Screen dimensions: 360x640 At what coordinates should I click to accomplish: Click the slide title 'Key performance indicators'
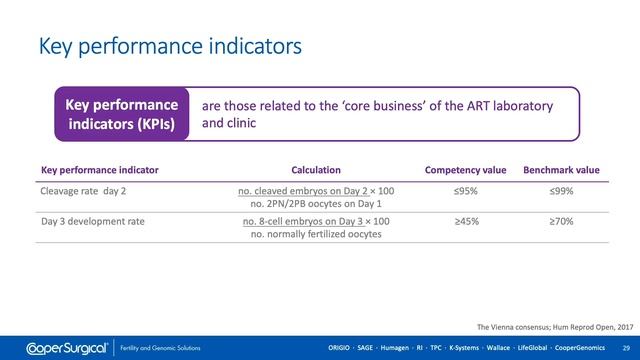tap(169, 46)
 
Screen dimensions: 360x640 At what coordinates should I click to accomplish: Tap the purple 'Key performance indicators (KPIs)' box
tap(121, 115)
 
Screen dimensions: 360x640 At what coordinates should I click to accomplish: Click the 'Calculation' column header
tap(315, 170)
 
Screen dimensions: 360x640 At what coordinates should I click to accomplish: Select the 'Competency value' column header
tap(466, 170)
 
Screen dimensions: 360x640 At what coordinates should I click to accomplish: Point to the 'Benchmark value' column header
tap(561, 170)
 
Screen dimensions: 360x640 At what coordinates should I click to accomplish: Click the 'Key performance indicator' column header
tap(99, 170)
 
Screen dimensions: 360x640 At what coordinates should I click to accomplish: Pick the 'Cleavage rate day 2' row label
tap(88, 191)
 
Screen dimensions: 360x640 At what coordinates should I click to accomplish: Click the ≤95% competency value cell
tap(465, 191)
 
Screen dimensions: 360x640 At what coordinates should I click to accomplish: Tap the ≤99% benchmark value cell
tap(560, 191)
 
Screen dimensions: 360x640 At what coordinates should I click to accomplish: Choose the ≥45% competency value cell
tap(465, 221)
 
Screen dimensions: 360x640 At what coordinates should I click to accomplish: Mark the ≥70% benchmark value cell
tap(560, 221)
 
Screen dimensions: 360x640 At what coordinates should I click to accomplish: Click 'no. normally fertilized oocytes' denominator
tap(316, 235)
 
